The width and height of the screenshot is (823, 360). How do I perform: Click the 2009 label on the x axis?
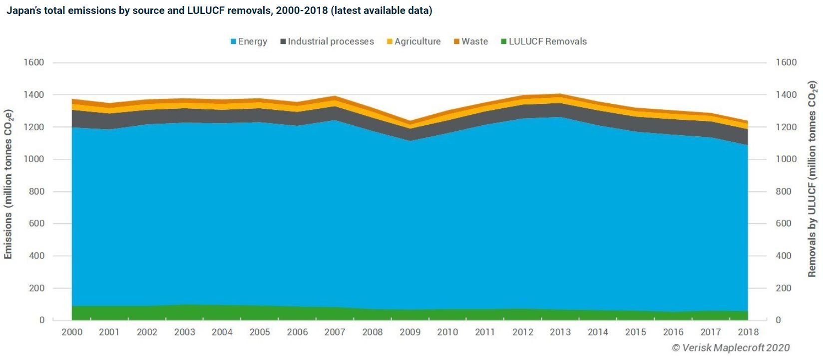(x=410, y=332)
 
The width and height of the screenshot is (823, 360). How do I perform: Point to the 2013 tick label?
(x=560, y=332)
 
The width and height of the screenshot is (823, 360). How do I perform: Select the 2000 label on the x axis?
(x=72, y=332)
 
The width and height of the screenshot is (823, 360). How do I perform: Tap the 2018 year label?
(x=748, y=332)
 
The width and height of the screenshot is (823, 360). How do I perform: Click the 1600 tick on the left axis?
(x=34, y=62)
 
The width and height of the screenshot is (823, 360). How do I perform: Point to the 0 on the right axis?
(x=778, y=320)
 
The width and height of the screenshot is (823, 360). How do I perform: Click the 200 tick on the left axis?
(x=36, y=288)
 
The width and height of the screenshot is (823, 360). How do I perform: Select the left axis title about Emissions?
(x=8, y=184)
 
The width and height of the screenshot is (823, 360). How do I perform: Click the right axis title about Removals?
(x=812, y=179)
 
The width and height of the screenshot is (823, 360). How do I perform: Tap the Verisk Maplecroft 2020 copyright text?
(x=731, y=348)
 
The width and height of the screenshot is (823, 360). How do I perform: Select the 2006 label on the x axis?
(x=297, y=332)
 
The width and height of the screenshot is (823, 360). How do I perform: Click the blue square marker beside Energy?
(x=233, y=42)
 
